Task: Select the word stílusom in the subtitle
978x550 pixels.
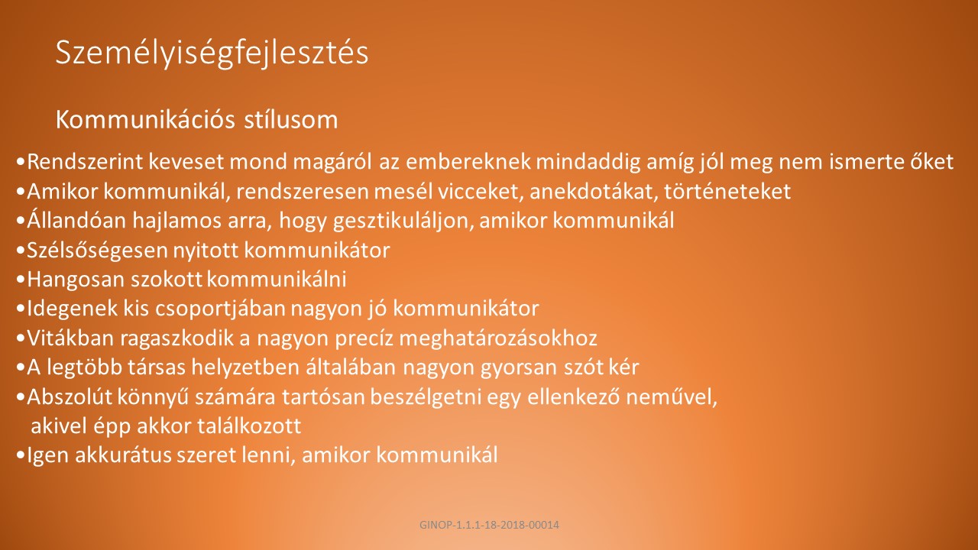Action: [291, 120]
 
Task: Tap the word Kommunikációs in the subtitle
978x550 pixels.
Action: [147, 120]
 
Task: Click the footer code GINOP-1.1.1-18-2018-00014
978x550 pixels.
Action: [489, 525]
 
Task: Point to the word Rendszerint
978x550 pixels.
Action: [85, 161]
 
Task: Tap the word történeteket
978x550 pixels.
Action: [727, 192]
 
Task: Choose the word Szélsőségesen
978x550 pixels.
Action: [97, 251]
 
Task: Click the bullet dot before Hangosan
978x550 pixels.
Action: [20, 280]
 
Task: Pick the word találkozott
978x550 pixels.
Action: [249, 426]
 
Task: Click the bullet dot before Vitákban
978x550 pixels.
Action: [20, 338]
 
